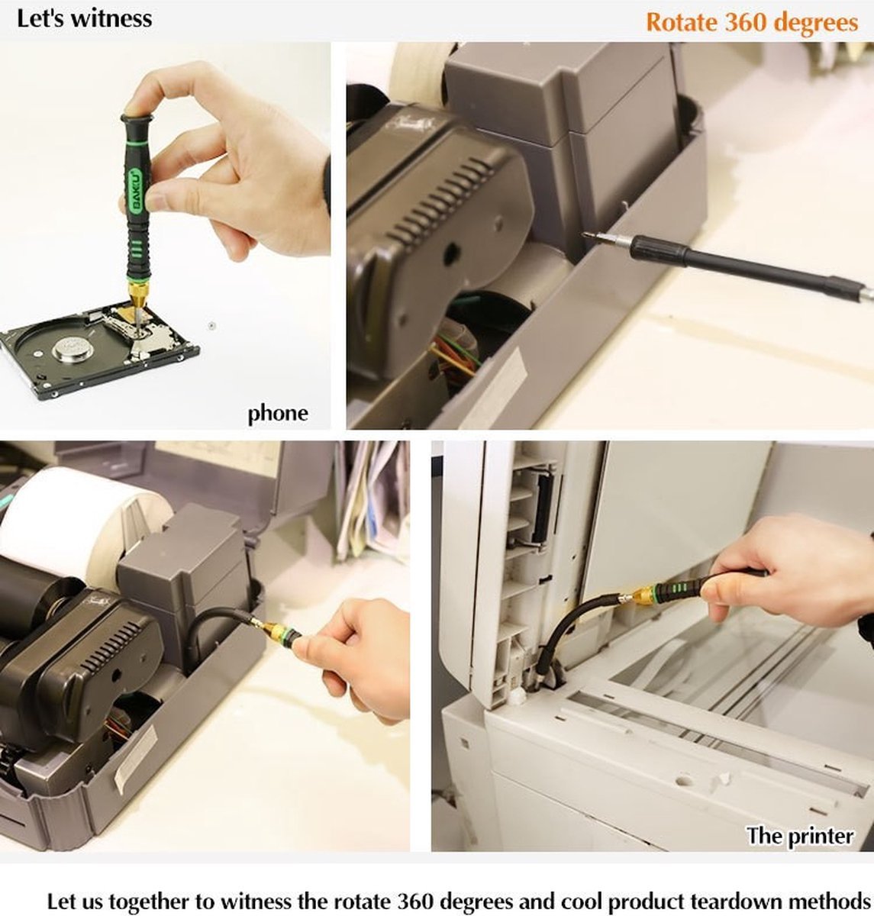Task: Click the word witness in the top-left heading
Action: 111,19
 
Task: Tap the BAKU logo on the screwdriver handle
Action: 136,189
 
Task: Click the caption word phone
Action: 278,414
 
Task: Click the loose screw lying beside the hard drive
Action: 211,325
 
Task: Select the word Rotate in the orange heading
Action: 682,22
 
